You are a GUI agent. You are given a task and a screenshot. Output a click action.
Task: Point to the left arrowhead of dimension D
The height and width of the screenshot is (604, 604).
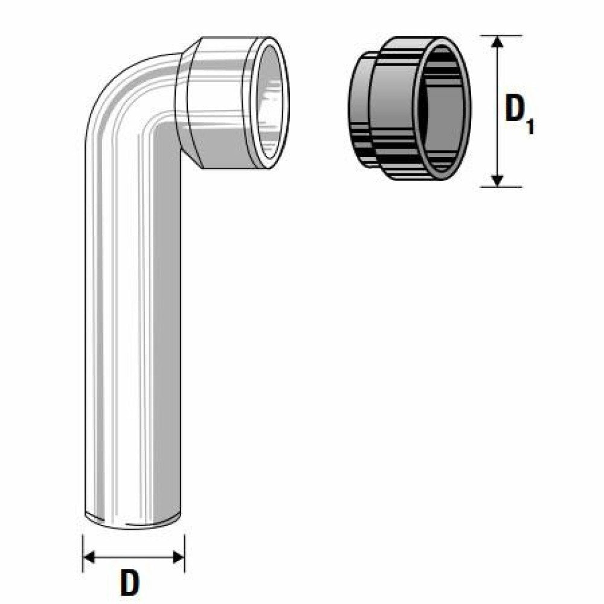[88, 556]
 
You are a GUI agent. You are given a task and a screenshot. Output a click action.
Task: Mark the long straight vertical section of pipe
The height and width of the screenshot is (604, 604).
[132, 332]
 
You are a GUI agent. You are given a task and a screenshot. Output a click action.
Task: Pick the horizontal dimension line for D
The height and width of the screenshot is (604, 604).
[133, 556]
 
